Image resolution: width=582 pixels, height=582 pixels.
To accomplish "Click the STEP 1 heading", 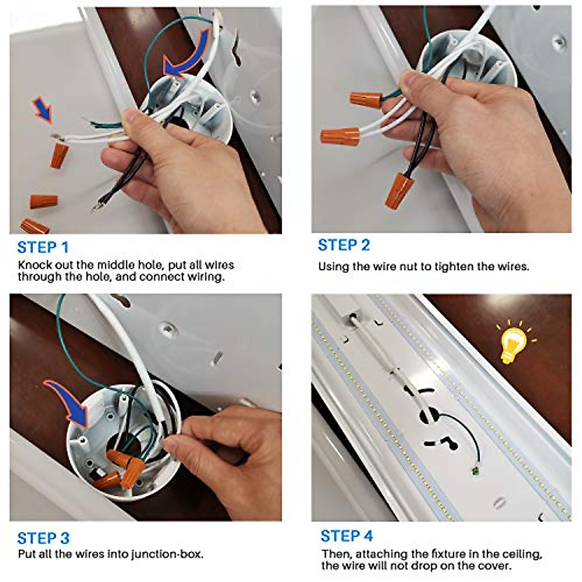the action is point(43,247).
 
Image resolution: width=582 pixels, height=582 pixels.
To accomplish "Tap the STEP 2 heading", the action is point(344,245).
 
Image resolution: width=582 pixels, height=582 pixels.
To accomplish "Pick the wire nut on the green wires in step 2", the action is point(366,100).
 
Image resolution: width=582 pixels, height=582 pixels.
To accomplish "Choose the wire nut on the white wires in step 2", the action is point(340,136).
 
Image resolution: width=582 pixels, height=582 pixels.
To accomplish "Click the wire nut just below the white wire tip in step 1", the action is point(59,156).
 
